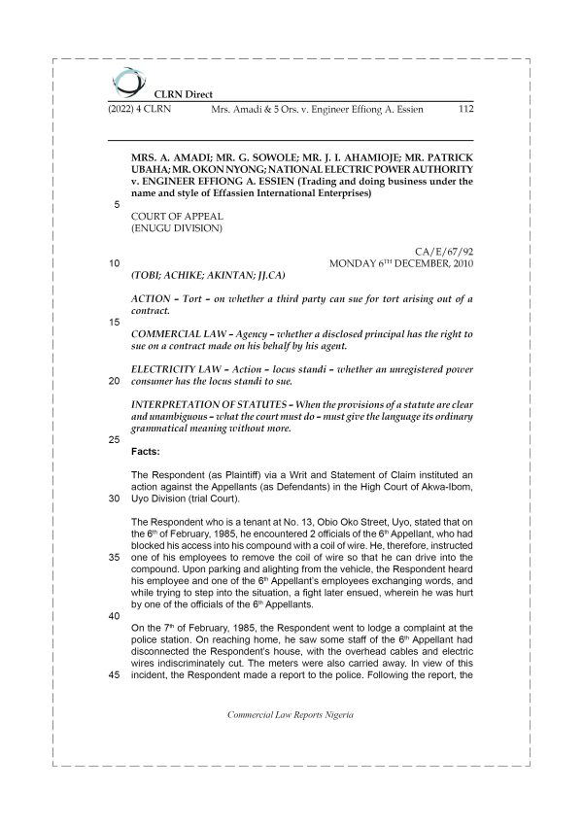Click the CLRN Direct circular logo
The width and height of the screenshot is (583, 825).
[126, 81]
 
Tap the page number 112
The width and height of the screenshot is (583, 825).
[463, 111]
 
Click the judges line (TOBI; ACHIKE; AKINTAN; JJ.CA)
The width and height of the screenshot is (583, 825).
[205, 274]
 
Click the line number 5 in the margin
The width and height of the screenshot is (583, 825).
[117, 205]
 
